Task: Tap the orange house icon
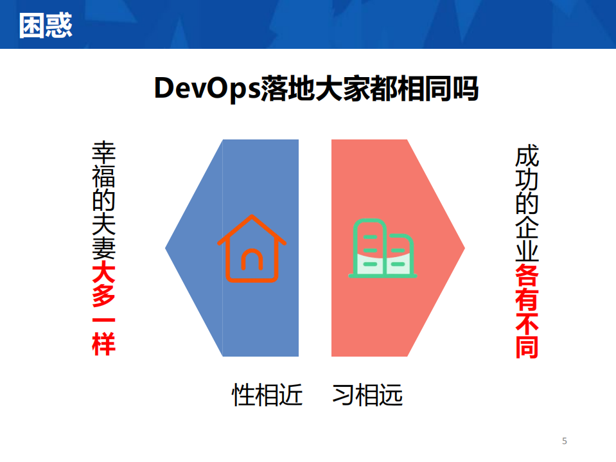click(252, 249)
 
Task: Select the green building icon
click(382, 249)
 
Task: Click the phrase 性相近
click(267, 395)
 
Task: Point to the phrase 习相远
click(367, 395)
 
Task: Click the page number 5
click(565, 441)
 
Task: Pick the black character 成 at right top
click(527, 158)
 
